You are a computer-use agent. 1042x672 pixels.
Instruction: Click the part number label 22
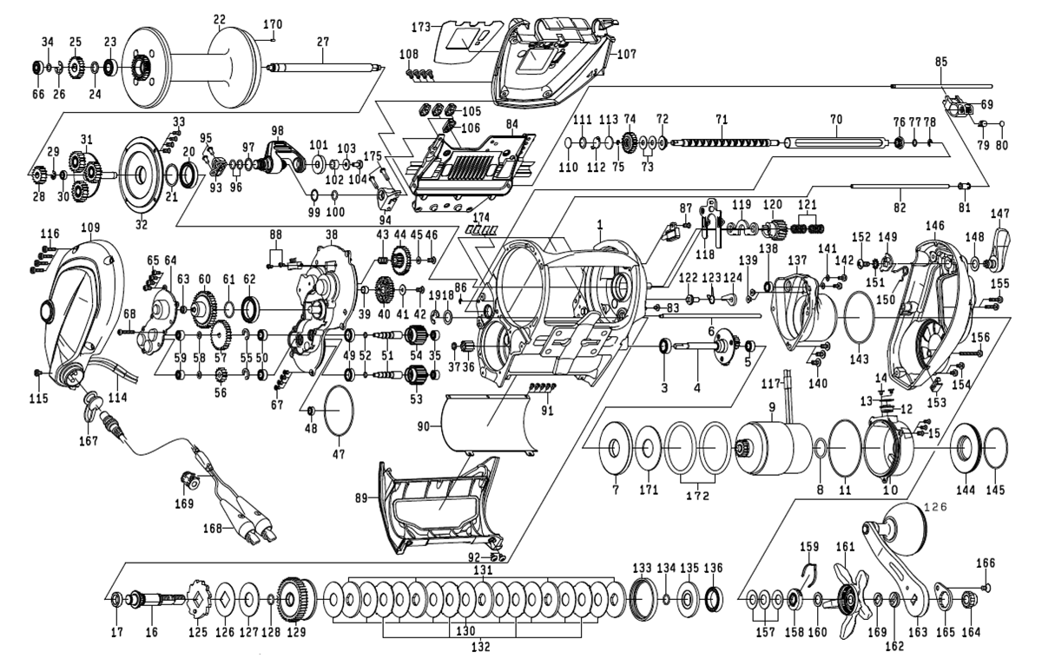pyautogui.click(x=219, y=19)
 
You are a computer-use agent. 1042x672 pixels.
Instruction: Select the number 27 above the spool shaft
pyautogui.click(x=323, y=40)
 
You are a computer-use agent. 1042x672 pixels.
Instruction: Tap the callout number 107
pyautogui.click(x=627, y=53)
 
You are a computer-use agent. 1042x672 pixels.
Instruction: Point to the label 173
pyautogui.click(x=421, y=28)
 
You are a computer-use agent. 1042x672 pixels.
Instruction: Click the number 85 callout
pyautogui.click(x=942, y=62)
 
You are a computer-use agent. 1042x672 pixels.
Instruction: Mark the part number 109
pyautogui.click(x=91, y=227)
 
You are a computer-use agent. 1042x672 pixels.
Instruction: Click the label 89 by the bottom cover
pyautogui.click(x=360, y=497)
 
